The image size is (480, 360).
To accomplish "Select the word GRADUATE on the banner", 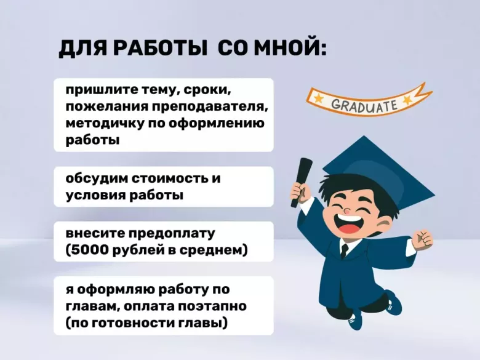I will coord(365,105).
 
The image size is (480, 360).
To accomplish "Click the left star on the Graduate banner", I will coord(318,98).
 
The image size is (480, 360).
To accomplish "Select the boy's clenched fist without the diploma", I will coord(423,238).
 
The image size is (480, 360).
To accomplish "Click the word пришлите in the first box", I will coord(98,91).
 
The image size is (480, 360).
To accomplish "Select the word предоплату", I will coord(171,234).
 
